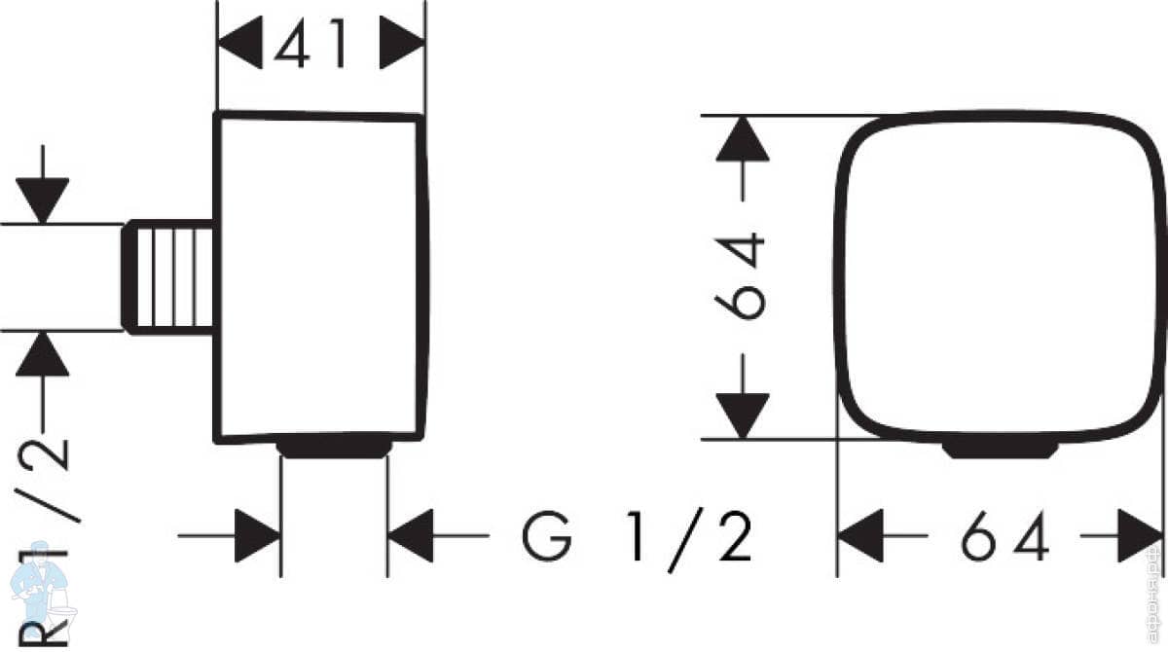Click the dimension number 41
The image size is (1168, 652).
(310, 45)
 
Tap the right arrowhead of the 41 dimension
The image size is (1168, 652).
(402, 45)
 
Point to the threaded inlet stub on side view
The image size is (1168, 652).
(168, 277)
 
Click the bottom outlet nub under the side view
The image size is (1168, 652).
(334, 448)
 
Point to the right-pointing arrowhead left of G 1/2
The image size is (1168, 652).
(257, 535)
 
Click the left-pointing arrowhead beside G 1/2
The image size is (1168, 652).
(411, 535)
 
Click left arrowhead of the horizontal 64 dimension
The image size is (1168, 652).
(860, 535)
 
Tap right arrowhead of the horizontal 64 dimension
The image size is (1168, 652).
(1140, 535)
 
